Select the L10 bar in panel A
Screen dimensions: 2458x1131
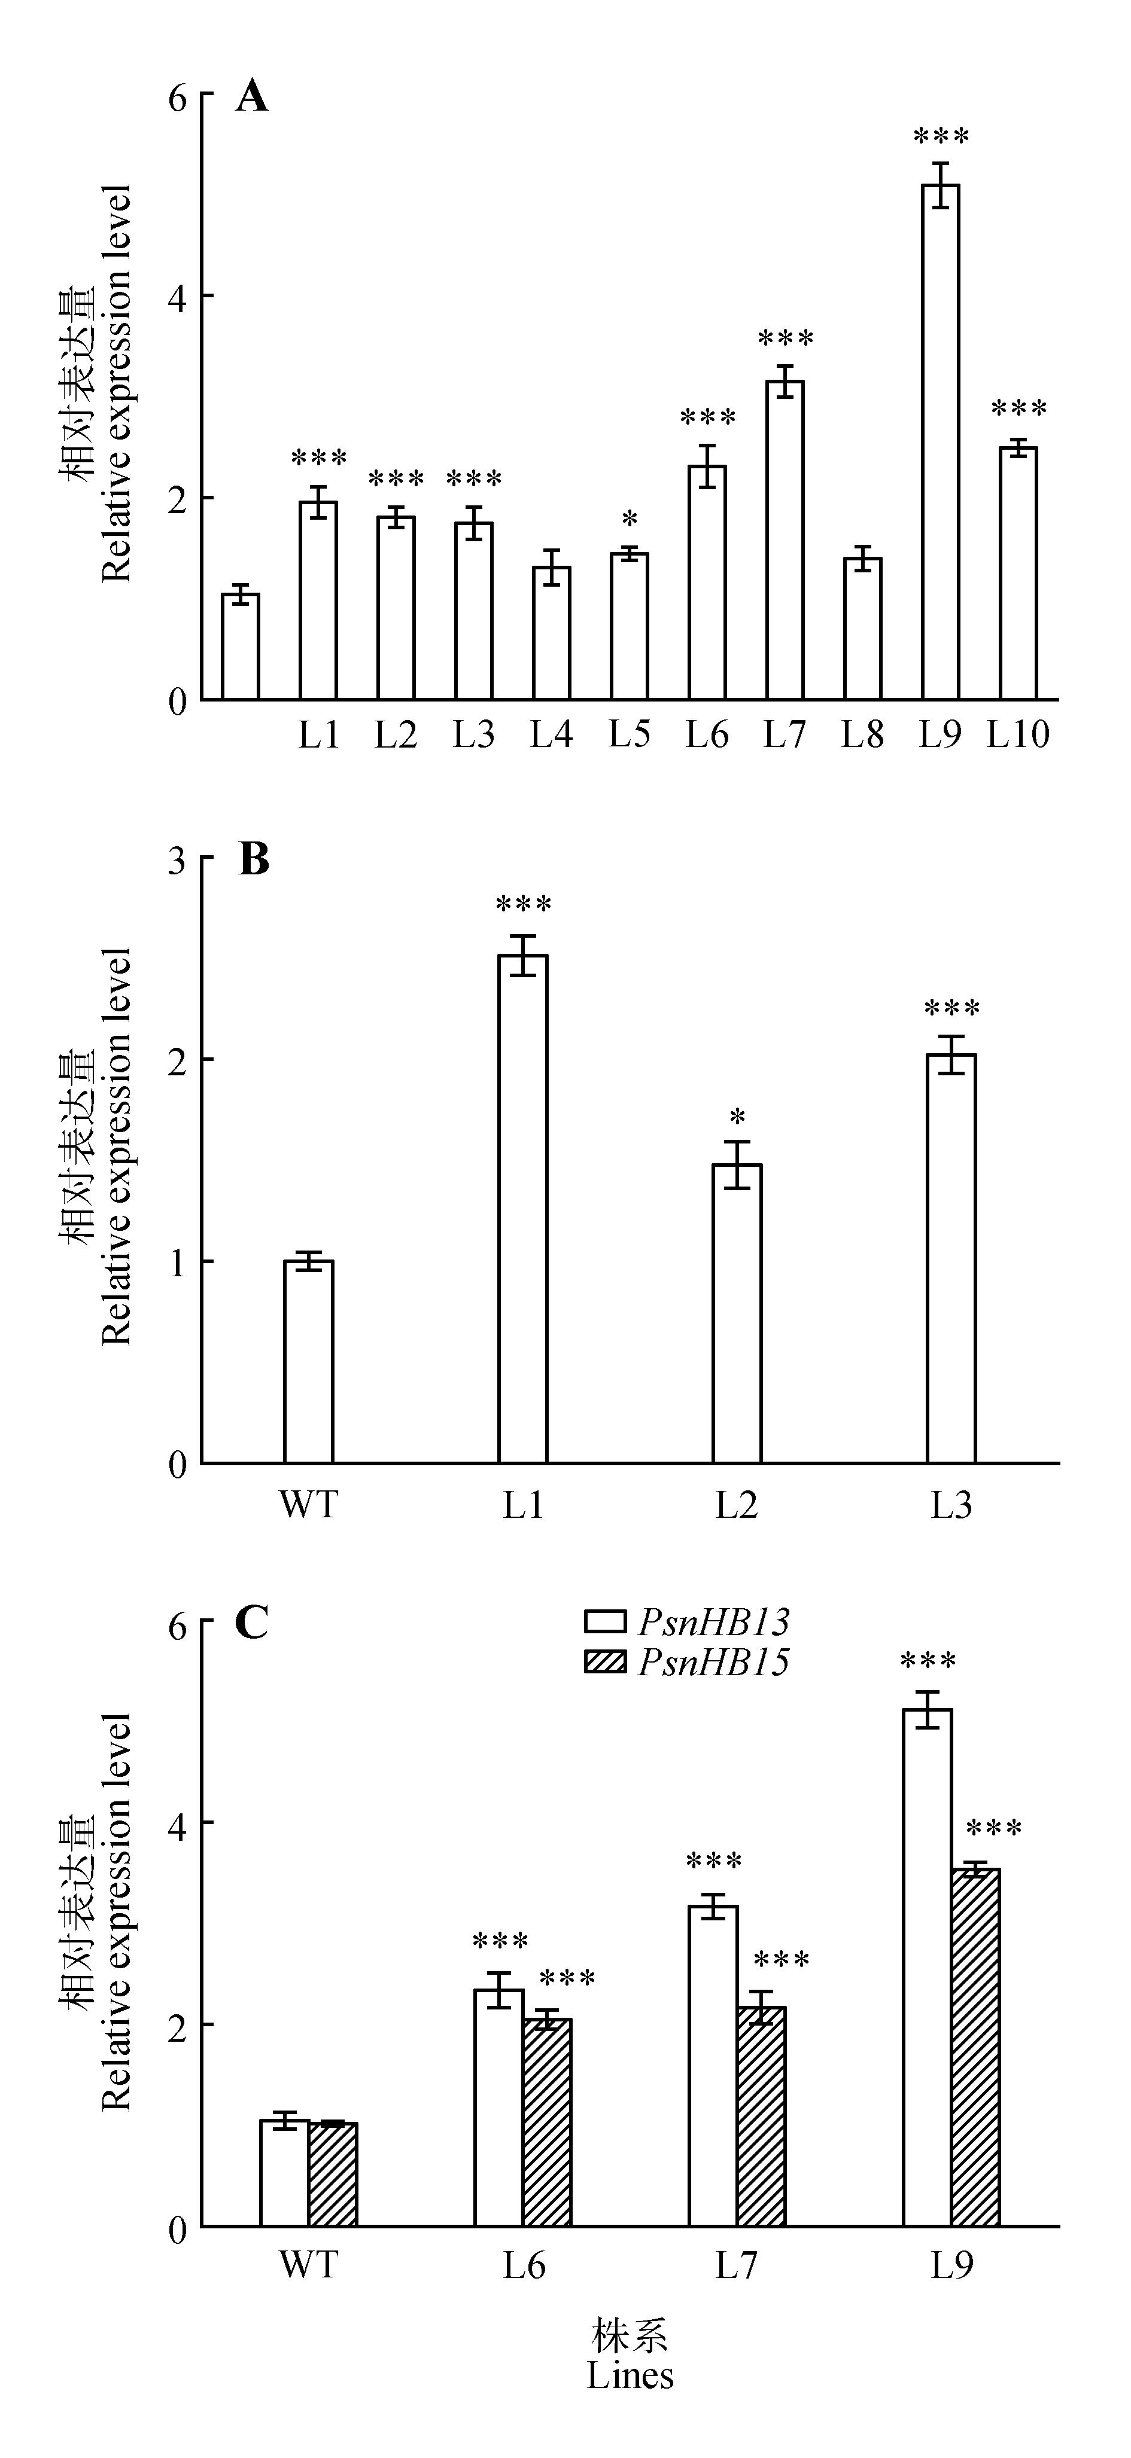[x=1018, y=572]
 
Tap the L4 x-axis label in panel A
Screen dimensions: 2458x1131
[x=552, y=735]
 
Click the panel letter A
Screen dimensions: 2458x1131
[x=252, y=96]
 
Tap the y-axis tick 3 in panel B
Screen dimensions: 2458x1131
[x=178, y=860]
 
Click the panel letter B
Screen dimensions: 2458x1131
[x=253, y=860]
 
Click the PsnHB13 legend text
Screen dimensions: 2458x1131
[x=714, y=1621]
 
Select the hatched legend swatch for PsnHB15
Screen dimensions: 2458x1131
[x=604, y=1661]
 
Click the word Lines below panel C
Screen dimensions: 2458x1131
[x=630, y=2375]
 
